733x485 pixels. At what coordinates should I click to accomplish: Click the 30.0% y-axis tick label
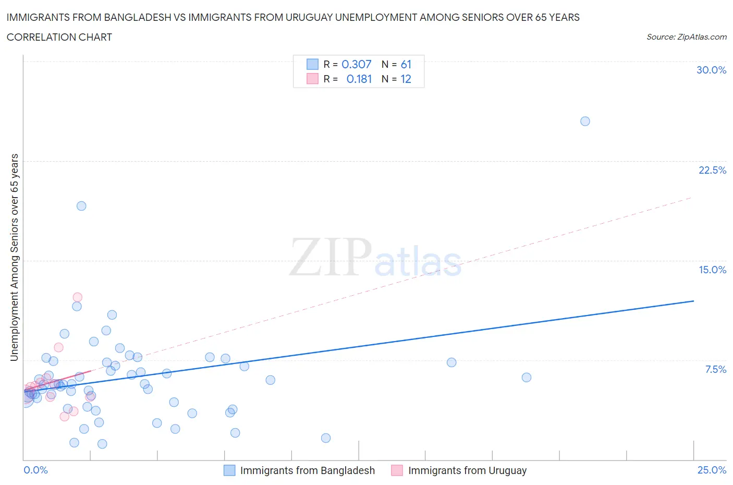711,70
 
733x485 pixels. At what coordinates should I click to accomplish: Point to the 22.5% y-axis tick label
712,171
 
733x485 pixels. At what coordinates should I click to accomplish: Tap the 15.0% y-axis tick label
712,270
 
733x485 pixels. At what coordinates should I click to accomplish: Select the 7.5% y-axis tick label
715,370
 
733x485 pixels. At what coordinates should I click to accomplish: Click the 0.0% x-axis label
36,470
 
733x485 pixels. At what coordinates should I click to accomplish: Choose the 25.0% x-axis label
712,470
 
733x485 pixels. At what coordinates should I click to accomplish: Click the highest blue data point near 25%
585,122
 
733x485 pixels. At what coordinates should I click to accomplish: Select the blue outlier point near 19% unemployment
81,206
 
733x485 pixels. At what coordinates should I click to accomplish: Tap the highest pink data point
77,297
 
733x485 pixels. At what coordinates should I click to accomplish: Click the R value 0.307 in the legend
357,65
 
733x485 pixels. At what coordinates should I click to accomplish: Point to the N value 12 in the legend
406,79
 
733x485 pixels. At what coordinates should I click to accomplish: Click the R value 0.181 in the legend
359,79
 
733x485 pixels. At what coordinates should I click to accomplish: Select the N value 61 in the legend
406,65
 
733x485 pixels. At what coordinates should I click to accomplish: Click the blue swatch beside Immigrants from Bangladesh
229,470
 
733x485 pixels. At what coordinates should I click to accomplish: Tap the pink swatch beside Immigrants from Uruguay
397,470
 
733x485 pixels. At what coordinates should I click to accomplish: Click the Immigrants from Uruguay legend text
467,470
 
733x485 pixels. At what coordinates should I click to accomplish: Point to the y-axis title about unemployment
15,258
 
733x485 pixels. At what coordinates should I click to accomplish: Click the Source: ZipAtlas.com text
686,37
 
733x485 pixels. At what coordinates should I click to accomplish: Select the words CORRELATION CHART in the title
59,37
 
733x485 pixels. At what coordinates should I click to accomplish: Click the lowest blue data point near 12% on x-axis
326,438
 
